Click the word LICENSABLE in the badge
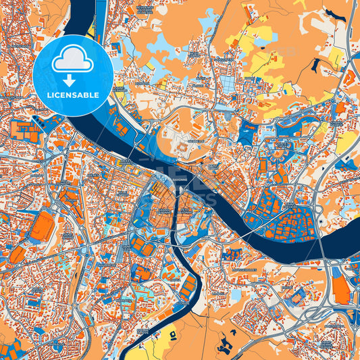[x=72, y=95]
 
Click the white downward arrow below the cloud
[x=72, y=80]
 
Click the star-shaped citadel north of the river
[x=182, y=142]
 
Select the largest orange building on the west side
[x=42, y=226]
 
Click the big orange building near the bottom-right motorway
[x=340, y=290]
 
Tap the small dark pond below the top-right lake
[x=315, y=66]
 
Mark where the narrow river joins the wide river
[x=179, y=185]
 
